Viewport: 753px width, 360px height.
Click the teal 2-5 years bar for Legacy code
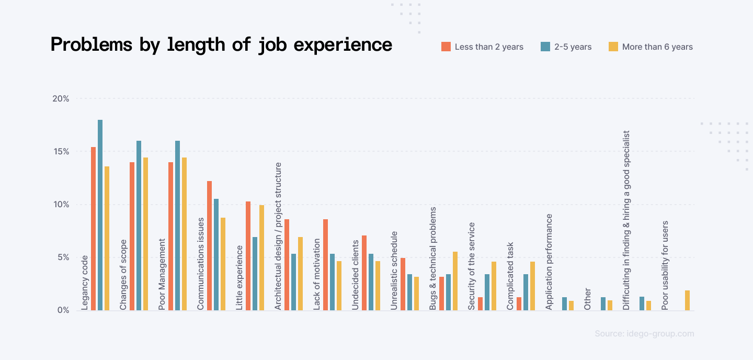pyautogui.click(x=100, y=215)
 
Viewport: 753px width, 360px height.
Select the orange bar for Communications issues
pyautogui.click(x=210, y=245)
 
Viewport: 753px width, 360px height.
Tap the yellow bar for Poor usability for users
pyautogui.click(x=687, y=300)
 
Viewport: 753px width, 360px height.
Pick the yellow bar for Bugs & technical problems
pyautogui.click(x=455, y=281)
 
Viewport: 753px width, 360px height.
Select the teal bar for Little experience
pyautogui.click(x=255, y=274)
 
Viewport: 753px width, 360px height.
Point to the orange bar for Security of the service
pyautogui.click(x=481, y=303)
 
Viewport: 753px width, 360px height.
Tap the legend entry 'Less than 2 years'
pyautogui.click(x=488, y=47)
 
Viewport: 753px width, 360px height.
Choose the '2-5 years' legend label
pyautogui.click(x=573, y=47)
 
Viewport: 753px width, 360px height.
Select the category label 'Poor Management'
pyautogui.click(x=162, y=274)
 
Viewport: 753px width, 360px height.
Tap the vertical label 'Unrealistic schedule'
pyautogui.click(x=394, y=271)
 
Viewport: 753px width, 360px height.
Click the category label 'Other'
pyautogui.click(x=588, y=299)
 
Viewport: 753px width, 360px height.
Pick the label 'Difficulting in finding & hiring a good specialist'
pyautogui.click(x=626, y=220)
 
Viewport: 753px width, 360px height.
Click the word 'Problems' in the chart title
pyautogui.click(x=91, y=45)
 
